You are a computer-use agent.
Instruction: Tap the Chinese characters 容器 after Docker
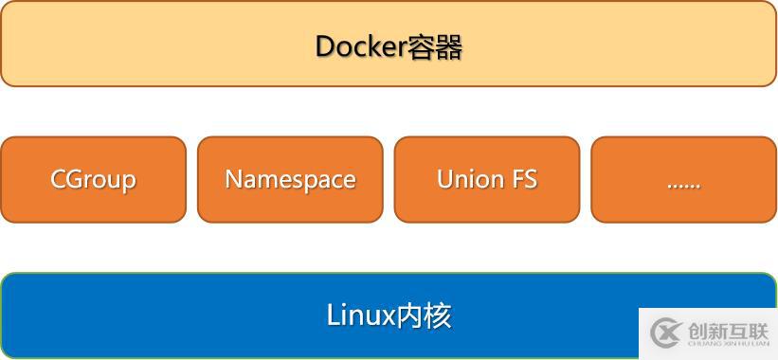pos(435,46)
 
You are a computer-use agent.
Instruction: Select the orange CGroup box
pos(93,179)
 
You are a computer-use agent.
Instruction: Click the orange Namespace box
pos(290,179)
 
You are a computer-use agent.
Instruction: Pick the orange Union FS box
pos(487,179)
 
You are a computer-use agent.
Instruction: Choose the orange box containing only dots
pos(683,179)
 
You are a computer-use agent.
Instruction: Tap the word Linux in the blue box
pos(360,315)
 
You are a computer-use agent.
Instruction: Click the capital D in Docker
pos(324,46)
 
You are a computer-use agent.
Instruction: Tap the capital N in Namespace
pos(233,179)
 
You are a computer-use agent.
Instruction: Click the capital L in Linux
pos(333,315)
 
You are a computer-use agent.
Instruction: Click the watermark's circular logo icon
pos(667,333)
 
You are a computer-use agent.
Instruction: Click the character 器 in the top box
pos(448,46)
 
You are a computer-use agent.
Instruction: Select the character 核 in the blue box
pos(439,315)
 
